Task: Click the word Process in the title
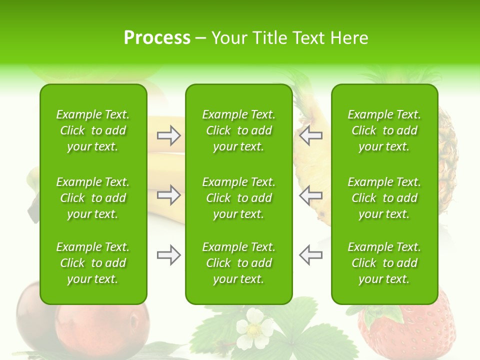[157, 38]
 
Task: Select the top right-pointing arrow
[169, 135]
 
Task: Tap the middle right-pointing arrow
[169, 195]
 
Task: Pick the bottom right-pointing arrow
[169, 255]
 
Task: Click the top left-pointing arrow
[310, 135]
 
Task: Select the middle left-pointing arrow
[310, 195]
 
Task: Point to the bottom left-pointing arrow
[310, 255]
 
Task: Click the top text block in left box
[93, 130]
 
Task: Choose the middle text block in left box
[93, 198]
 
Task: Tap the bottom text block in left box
[93, 263]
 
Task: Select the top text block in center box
[238, 130]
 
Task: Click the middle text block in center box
[238, 198]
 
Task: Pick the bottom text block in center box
[238, 263]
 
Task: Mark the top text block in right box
[384, 130]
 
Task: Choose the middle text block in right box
[384, 198]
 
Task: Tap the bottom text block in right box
[384, 263]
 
